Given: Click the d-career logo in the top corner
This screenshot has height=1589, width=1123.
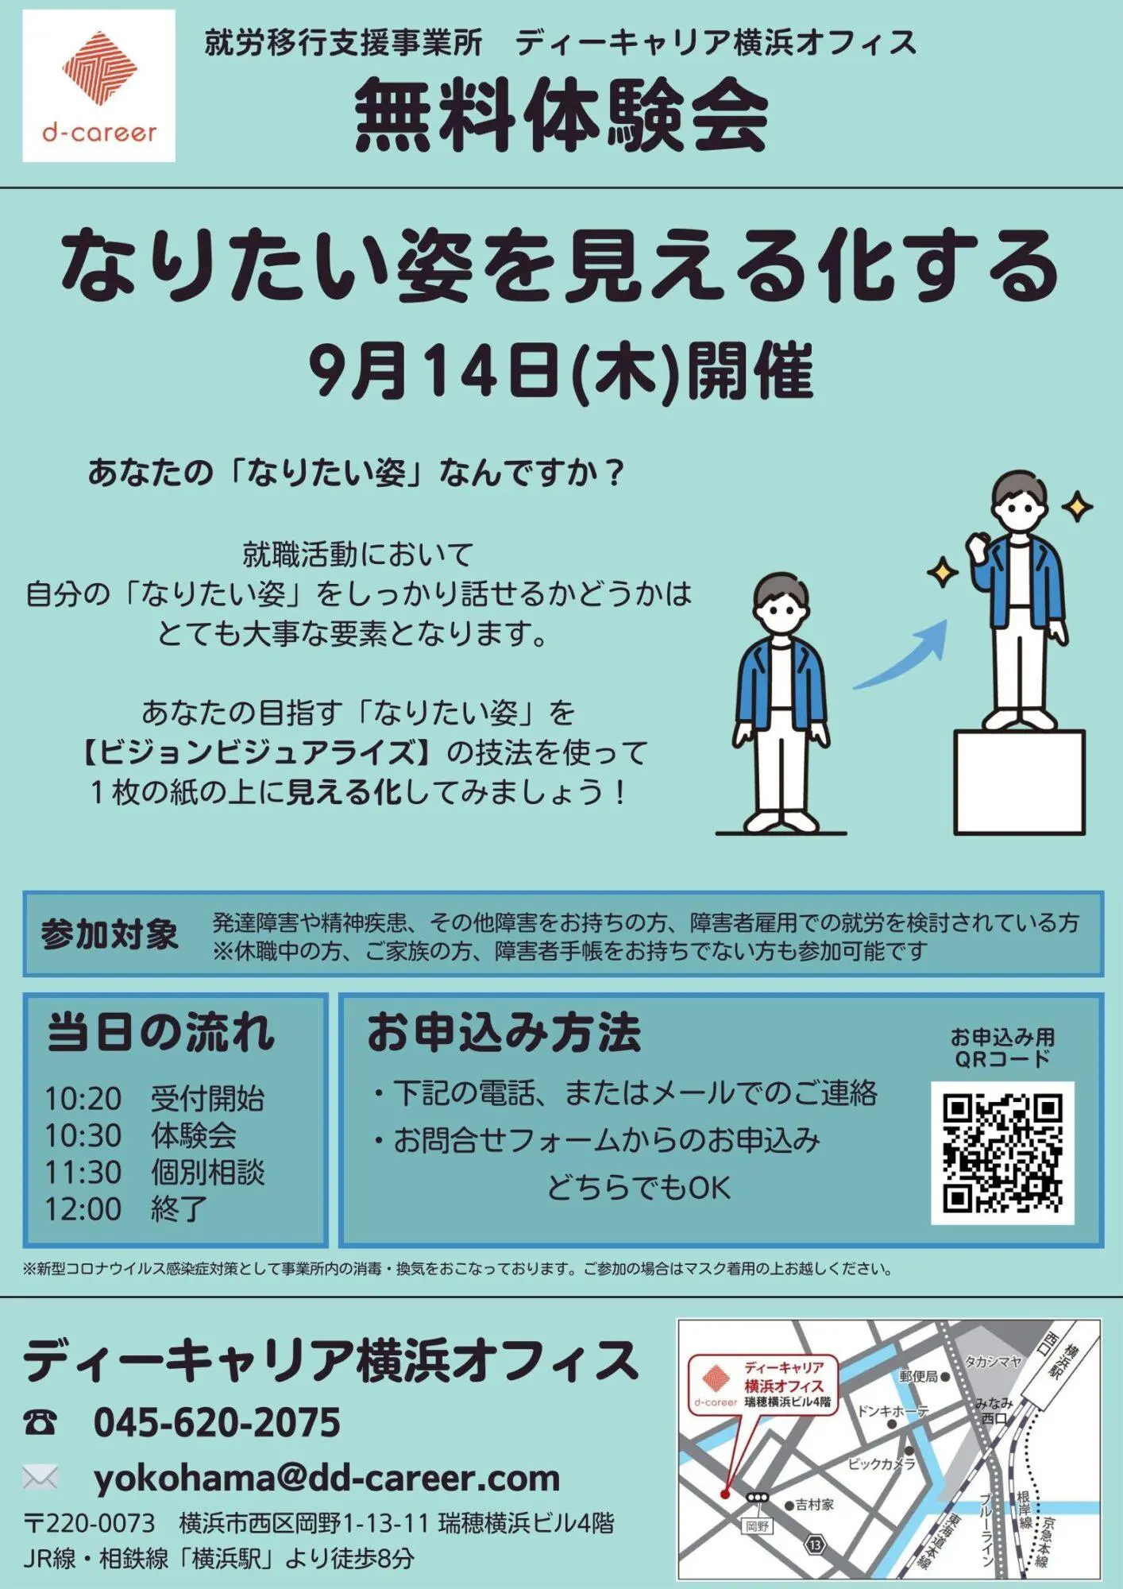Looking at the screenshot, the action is click(x=99, y=86).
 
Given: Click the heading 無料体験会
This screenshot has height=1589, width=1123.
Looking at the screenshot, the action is click(x=561, y=117).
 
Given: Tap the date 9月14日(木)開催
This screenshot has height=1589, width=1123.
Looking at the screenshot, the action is click(x=561, y=372).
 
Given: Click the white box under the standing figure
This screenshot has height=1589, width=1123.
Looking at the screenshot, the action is click(x=1019, y=782).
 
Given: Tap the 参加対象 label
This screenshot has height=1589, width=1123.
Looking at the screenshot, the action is click(x=110, y=934).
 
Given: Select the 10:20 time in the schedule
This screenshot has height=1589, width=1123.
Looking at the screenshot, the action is click(x=83, y=1099).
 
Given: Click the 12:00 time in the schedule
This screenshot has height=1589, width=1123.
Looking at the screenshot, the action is click(x=83, y=1209).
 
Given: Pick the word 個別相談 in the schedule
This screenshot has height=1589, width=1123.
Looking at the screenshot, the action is click(x=207, y=1173).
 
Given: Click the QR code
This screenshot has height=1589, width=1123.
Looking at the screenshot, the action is click(x=1002, y=1153).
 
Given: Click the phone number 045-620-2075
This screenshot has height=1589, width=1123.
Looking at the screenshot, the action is click(x=217, y=1422).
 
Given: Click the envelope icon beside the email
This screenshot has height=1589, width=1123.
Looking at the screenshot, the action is click(x=41, y=1478).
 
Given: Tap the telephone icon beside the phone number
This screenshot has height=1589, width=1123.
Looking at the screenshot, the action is click(x=40, y=1422).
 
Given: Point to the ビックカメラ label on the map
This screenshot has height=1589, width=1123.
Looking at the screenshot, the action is click(x=881, y=1463).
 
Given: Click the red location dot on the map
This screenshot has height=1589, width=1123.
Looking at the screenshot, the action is click(x=725, y=1494).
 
